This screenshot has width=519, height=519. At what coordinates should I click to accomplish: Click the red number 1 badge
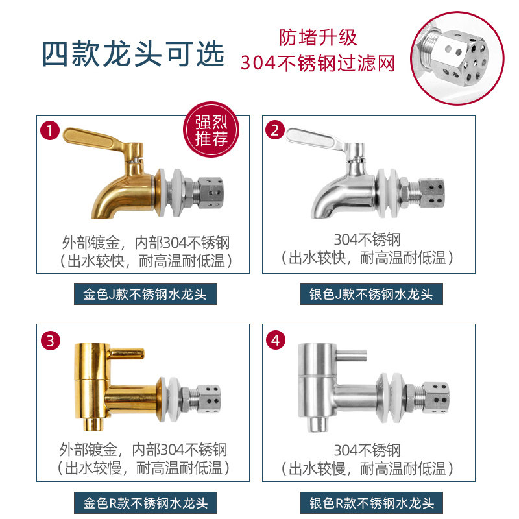[x=50, y=130]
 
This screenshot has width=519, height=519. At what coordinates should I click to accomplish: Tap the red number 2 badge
[x=275, y=130]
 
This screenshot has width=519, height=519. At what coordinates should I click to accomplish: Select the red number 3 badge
[x=51, y=341]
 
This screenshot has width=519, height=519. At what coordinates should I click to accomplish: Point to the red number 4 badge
[x=276, y=340]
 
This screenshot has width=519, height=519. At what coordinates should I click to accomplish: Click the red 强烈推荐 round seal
[x=211, y=129]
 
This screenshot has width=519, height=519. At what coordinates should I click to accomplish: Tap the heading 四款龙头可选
[x=133, y=54]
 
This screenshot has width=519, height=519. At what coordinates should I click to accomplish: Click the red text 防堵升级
[x=318, y=38]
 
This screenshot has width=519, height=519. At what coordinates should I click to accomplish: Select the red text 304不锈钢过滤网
[x=318, y=63]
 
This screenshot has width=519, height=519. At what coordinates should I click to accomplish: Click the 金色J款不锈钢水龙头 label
[x=145, y=294]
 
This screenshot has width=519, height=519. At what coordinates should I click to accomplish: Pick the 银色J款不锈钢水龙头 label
[x=371, y=294]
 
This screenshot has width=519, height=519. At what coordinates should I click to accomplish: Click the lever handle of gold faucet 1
[x=93, y=139]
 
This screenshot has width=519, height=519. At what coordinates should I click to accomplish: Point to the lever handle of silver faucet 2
[x=315, y=138]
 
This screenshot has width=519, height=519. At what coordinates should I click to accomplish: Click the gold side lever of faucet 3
[x=127, y=354]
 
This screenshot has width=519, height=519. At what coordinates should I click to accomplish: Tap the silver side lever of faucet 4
[x=351, y=356]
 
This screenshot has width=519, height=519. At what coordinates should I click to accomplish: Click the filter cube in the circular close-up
[x=460, y=58]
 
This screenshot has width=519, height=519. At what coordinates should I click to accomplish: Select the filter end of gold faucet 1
[x=210, y=193]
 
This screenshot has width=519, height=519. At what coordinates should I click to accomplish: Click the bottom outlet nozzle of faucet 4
[x=317, y=424]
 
